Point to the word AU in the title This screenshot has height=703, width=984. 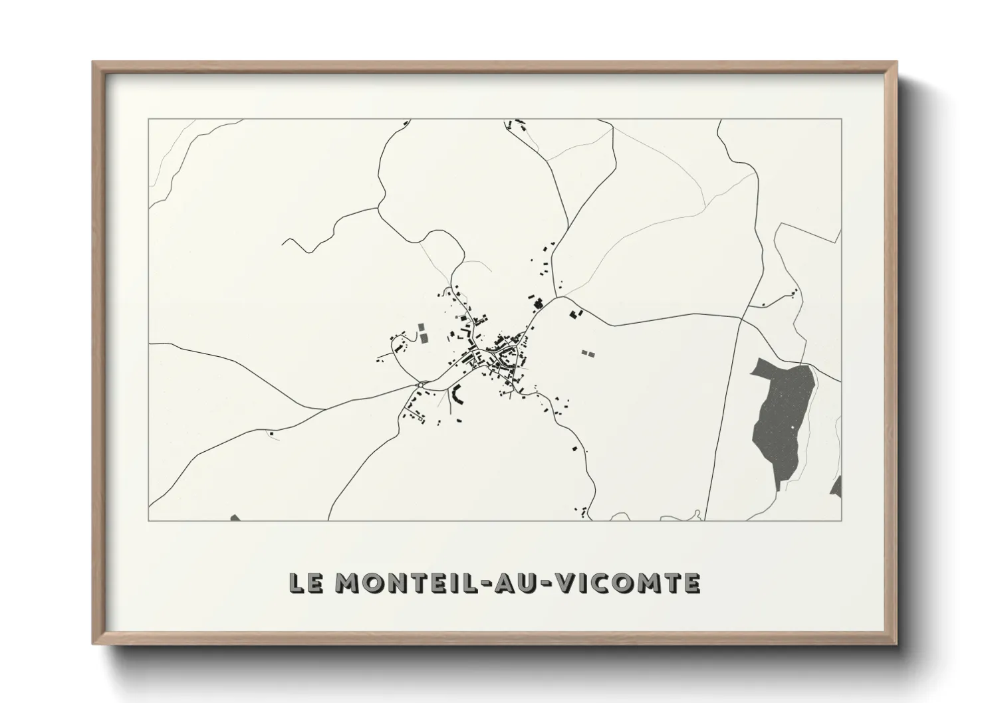[x=521, y=583]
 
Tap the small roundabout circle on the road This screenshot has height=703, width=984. [x=422, y=383]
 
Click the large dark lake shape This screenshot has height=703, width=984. [x=781, y=419]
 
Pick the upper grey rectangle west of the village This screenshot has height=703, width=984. [x=421, y=328]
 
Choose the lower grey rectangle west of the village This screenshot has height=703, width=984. [x=423, y=339]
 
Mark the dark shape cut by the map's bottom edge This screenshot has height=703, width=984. [x=234, y=518]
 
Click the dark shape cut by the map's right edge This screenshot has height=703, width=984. [x=836, y=487]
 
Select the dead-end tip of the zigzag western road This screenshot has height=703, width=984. [x=283, y=241]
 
